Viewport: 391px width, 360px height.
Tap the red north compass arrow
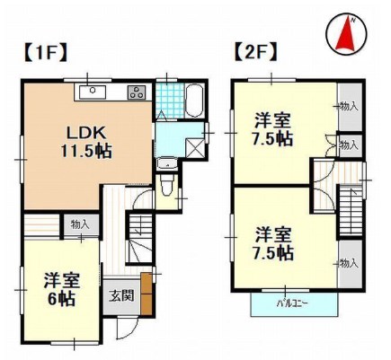pos(347,35)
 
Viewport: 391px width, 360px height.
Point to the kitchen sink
pos(93,92)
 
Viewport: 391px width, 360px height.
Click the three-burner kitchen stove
pos(138,91)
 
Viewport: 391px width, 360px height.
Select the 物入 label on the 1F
pos(80,224)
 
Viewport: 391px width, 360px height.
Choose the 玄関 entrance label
pos(121,295)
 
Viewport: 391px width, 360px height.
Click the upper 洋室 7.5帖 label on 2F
pos(272,128)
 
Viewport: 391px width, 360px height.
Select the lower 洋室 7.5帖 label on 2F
pos(272,242)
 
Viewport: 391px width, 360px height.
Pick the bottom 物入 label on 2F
pos(349,263)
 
